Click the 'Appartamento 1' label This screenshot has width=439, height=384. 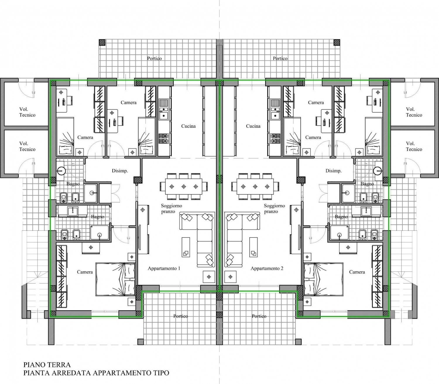[x=164, y=269]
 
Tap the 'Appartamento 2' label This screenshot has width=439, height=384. [x=267, y=269]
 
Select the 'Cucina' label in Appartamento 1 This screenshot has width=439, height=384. [x=188, y=126]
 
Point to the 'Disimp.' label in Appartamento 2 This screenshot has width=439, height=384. [x=333, y=171]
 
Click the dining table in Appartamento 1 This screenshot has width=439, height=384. [x=184, y=186]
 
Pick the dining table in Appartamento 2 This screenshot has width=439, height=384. [x=255, y=186]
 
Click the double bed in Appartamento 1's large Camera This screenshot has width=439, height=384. [x=115, y=279]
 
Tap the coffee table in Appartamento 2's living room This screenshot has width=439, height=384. [x=253, y=247]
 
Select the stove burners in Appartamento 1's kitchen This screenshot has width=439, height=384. [x=164, y=139]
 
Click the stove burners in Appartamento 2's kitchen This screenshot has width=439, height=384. [x=275, y=139]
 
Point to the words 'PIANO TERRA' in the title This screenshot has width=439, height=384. [x=47, y=365]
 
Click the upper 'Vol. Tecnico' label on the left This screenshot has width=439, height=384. [x=27, y=112]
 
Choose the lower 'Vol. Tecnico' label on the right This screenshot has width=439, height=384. [x=414, y=146]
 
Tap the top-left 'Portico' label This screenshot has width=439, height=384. [x=154, y=58]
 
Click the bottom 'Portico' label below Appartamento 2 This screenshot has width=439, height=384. [x=259, y=316]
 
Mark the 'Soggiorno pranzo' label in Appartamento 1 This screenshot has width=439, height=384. [x=171, y=209]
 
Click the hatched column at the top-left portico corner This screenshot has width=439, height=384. [x=102, y=42]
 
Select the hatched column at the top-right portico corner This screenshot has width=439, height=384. [x=337, y=42]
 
